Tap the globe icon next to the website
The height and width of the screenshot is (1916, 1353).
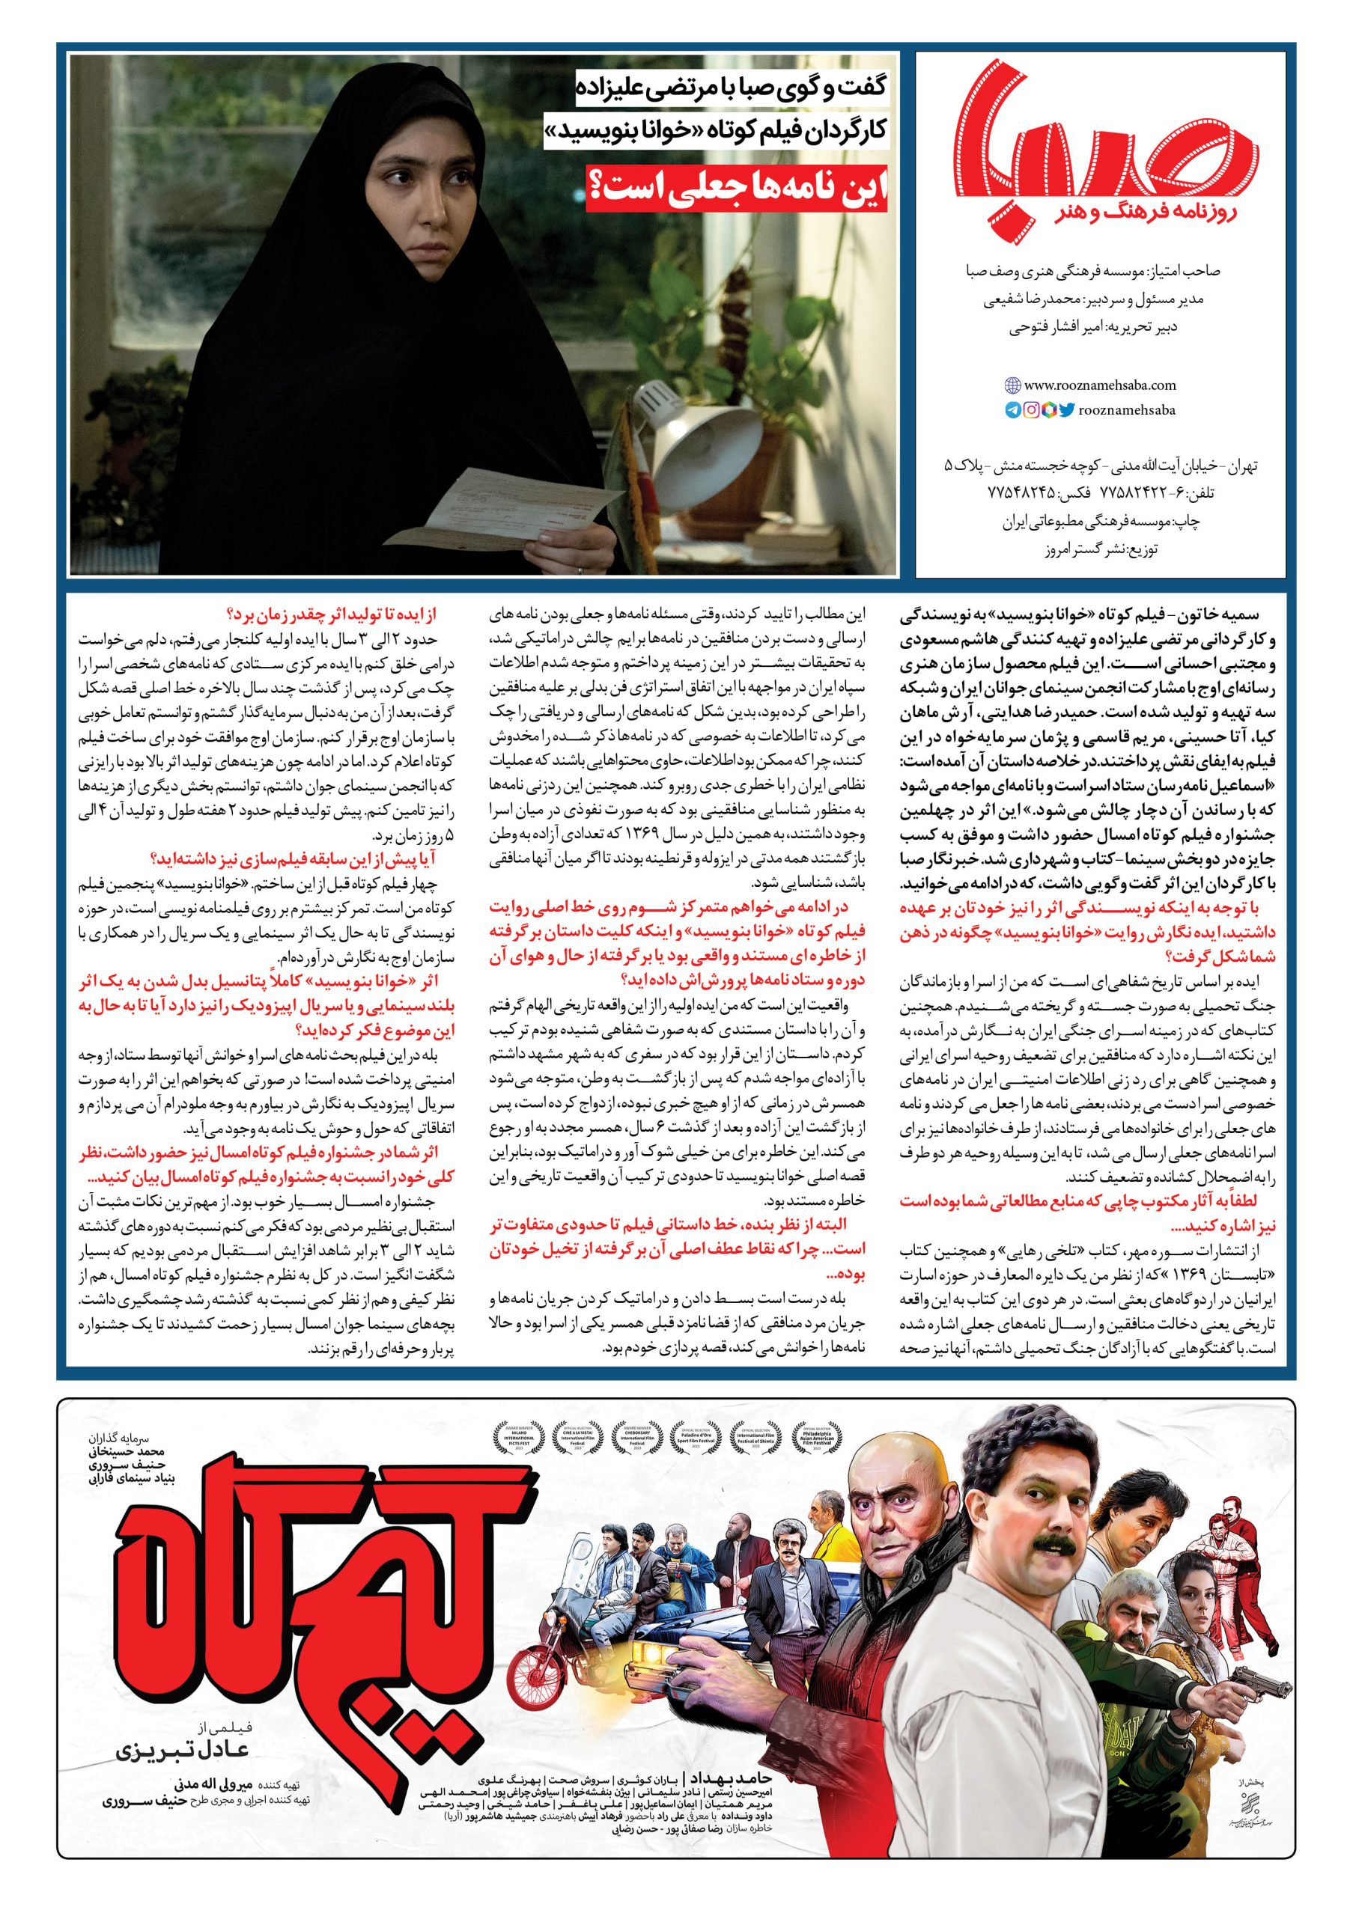click(1012, 385)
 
